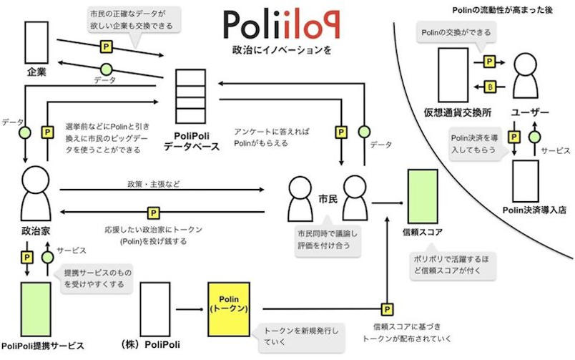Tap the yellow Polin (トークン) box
click(229, 309)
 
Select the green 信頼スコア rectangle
click(423, 196)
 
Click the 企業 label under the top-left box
click(36, 72)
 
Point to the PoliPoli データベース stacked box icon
click(190, 97)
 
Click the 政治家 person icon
click(36, 193)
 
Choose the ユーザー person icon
click(526, 76)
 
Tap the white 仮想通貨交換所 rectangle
click(453, 75)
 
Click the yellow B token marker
click(490, 87)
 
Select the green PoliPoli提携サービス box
click(36, 309)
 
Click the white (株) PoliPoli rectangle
click(155, 309)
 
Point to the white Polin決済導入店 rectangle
click(525, 181)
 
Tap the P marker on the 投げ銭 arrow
click(153, 213)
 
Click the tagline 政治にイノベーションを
click(282, 50)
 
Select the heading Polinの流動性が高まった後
click(502, 10)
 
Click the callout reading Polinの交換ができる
click(456, 33)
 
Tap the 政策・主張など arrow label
click(154, 184)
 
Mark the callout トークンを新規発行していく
click(301, 336)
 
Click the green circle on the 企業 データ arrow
click(107, 69)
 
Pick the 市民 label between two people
click(328, 199)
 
